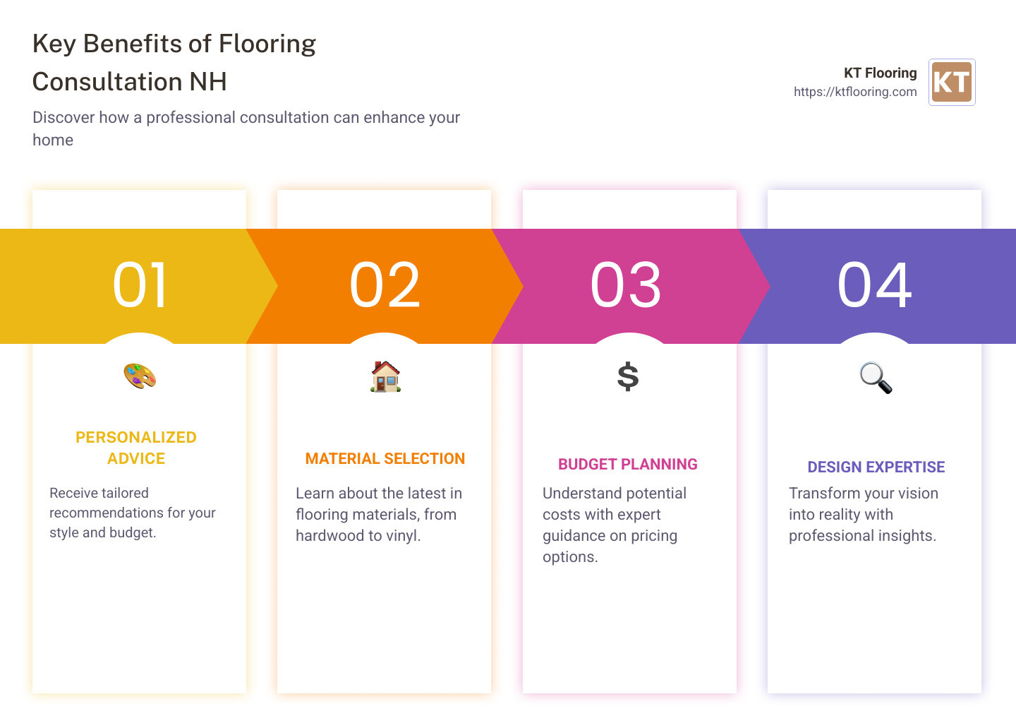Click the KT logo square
(952, 82)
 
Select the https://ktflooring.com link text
(854, 92)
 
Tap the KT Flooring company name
(880, 73)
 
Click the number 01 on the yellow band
(140, 285)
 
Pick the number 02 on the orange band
(385, 285)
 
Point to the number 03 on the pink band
(626, 285)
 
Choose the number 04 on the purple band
(874, 285)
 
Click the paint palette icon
(140, 376)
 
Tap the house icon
(385, 376)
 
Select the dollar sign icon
(628, 376)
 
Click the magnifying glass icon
(876, 378)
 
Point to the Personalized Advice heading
(136, 448)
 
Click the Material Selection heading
(385, 459)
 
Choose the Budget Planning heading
(628, 465)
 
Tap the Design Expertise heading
(876, 467)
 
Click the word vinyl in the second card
(402, 536)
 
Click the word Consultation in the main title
(108, 82)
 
